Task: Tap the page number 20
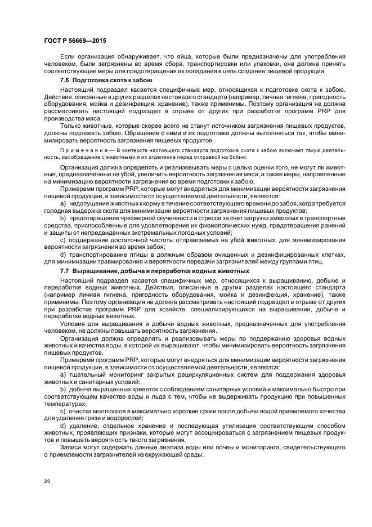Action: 47,481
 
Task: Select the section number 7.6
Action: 66,81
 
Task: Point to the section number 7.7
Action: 66,270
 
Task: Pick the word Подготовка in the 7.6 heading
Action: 93,81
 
